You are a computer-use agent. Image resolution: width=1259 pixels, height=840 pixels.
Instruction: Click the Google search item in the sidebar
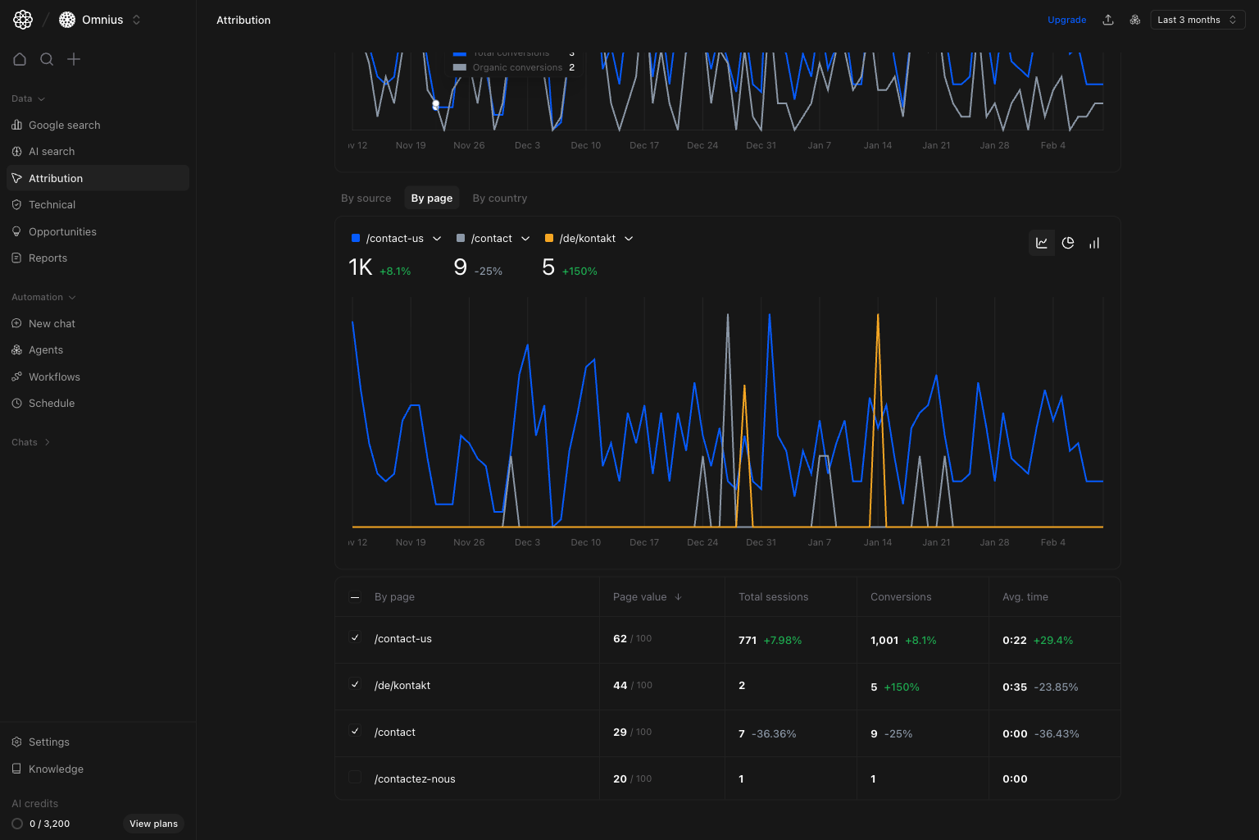coord(64,125)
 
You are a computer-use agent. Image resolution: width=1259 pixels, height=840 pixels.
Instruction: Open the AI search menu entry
coord(52,151)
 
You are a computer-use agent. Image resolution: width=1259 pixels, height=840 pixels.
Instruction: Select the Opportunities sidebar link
coord(62,231)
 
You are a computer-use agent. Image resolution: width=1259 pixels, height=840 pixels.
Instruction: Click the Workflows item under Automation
coord(54,377)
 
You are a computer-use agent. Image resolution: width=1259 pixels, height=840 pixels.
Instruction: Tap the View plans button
coord(153,824)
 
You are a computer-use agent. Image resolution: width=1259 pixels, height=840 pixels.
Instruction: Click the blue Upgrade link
coord(1066,20)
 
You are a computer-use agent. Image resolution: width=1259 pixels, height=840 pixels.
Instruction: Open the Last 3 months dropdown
coord(1197,20)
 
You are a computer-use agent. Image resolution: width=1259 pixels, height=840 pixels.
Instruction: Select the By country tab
coord(499,198)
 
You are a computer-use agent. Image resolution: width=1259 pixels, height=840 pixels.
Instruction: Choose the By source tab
coord(366,198)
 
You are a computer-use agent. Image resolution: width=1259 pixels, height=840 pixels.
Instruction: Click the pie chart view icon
coord(1068,243)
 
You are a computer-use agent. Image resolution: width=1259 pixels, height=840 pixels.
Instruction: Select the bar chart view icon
coord(1094,243)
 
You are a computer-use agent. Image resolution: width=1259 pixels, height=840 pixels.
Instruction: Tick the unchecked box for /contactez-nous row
coord(355,778)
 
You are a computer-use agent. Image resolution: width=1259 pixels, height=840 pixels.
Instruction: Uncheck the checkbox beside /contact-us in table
coord(355,637)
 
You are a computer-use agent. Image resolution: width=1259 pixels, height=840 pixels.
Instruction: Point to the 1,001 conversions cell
coord(884,640)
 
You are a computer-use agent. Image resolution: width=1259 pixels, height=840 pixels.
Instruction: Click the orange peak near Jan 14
coord(878,316)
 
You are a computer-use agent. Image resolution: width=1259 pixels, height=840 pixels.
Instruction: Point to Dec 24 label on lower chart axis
coord(702,542)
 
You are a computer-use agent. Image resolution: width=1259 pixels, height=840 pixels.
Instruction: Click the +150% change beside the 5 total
coord(580,272)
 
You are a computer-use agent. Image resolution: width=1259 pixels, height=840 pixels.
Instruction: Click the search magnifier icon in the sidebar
coord(47,59)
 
